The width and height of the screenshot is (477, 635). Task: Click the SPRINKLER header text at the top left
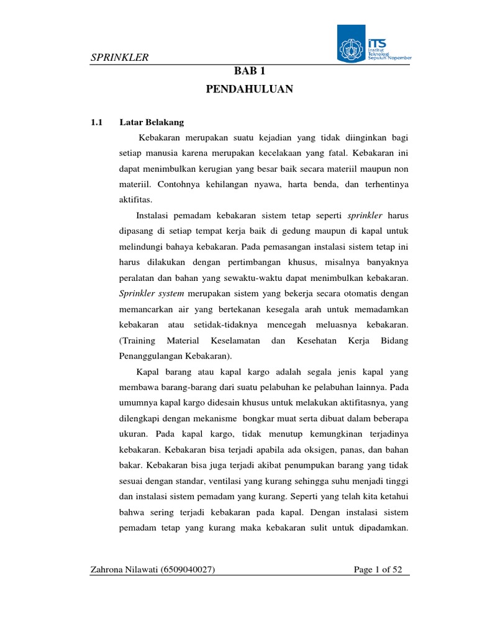[119, 58]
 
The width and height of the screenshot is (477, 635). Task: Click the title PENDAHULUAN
[248, 90]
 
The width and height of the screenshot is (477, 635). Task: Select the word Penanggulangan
[149, 357]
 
